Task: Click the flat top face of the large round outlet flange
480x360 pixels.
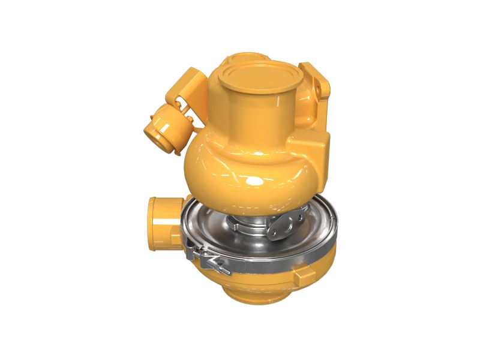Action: point(259,76)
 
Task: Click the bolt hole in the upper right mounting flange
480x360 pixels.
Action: point(317,88)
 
